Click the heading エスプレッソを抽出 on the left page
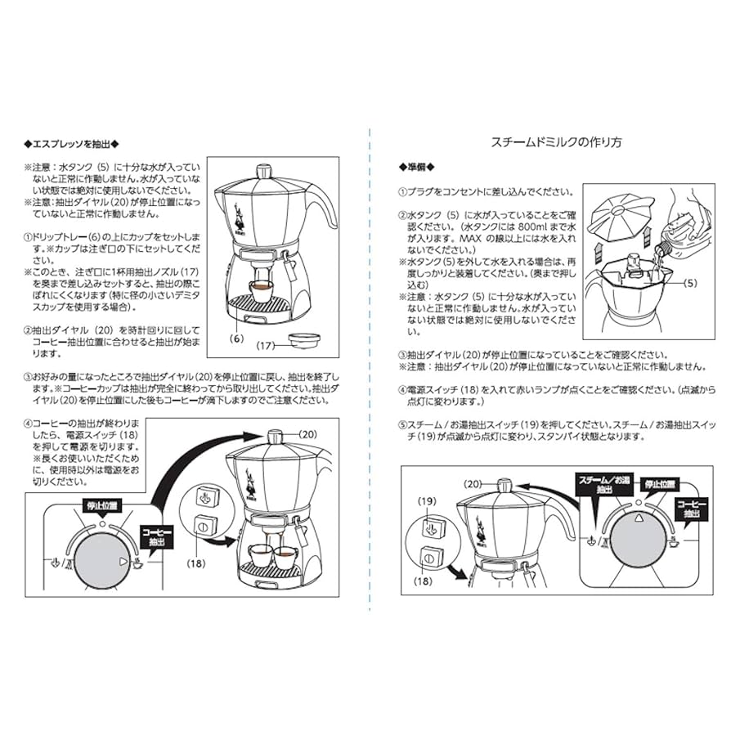click(x=73, y=143)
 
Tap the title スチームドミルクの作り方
click(x=556, y=141)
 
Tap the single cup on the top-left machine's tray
click(x=261, y=290)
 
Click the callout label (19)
click(x=426, y=500)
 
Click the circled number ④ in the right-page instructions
click(x=402, y=391)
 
